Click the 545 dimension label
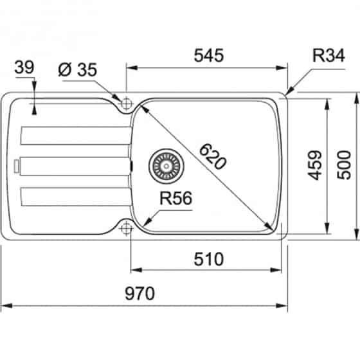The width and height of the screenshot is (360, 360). tap(208, 55)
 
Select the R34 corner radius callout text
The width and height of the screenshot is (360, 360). tap(328, 55)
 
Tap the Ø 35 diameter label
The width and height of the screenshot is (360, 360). tap(78, 69)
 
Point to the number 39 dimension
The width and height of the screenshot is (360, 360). tap(24, 67)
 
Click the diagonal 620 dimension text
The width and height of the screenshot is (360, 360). tap(213, 156)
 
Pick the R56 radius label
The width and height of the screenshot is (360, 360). tap(175, 199)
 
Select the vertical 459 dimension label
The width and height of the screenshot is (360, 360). tap(314, 165)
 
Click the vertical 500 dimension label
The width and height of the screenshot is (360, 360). tap(344, 165)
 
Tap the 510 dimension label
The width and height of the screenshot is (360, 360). tap(208, 259)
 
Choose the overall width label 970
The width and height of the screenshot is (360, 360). tap(139, 294)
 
